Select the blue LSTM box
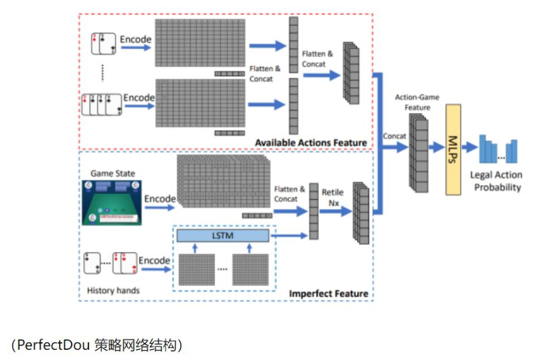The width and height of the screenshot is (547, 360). (222, 236)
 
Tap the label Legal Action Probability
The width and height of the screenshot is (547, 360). (496, 181)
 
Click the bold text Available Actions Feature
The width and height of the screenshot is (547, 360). (311, 142)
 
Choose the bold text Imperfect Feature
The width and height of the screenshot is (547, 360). (328, 293)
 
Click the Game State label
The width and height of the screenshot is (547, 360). (112, 173)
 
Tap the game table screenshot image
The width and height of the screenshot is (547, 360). (112, 202)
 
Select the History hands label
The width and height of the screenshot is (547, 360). (112, 291)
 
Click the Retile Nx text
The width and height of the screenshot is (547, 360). (332, 197)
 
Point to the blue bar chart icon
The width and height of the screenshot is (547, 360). (498, 149)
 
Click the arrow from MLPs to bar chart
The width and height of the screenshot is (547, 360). (469, 147)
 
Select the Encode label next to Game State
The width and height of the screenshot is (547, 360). (159, 199)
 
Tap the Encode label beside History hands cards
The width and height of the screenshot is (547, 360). (154, 260)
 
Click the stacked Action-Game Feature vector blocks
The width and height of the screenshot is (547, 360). (419, 152)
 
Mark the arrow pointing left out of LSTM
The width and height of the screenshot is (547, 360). (289, 236)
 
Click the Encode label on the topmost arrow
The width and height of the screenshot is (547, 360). (136, 39)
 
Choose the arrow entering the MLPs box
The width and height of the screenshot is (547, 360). (437, 147)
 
